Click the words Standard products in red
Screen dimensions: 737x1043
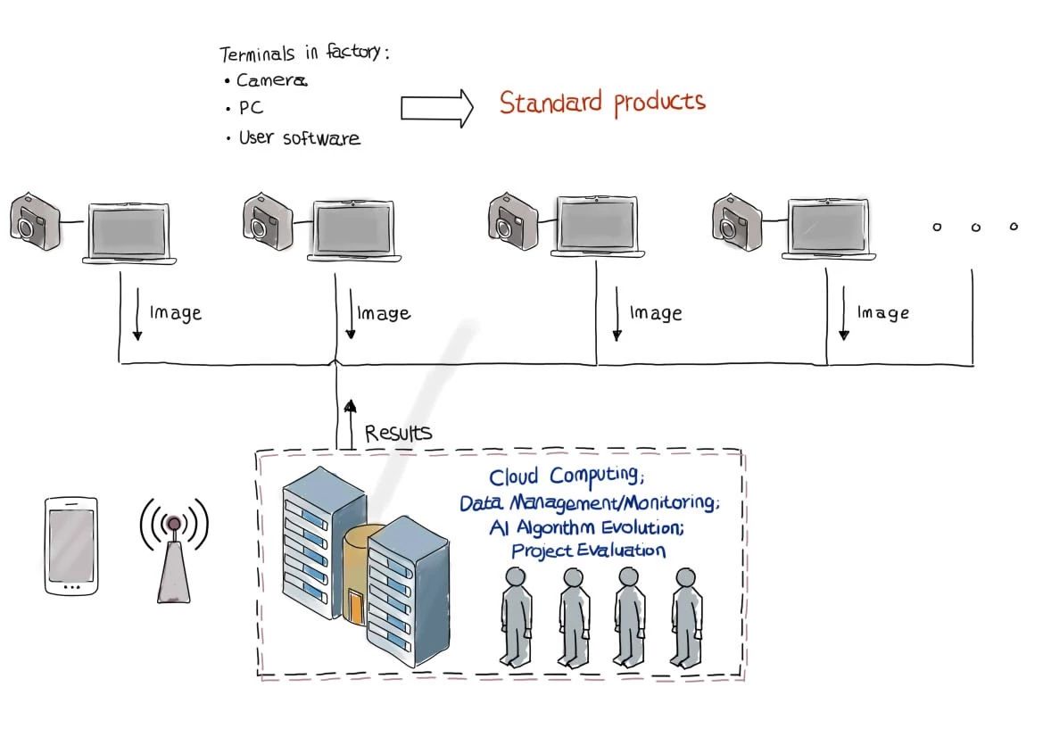point(602,103)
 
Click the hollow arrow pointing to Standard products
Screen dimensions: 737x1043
point(436,108)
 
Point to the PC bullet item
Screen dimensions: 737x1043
point(251,109)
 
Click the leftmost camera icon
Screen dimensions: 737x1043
point(35,220)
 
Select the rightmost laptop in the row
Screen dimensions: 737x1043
point(829,228)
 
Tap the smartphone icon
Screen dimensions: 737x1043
point(71,546)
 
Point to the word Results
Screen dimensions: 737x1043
point(398,434)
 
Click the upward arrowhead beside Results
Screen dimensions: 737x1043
point(351,406)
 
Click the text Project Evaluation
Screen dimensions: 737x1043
point(588,551)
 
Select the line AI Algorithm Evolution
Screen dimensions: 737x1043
point(586,527)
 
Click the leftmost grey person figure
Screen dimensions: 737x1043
point(516,617)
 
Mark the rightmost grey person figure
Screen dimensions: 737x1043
point(686,617)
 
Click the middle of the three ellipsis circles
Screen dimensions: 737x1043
point(976,228)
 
